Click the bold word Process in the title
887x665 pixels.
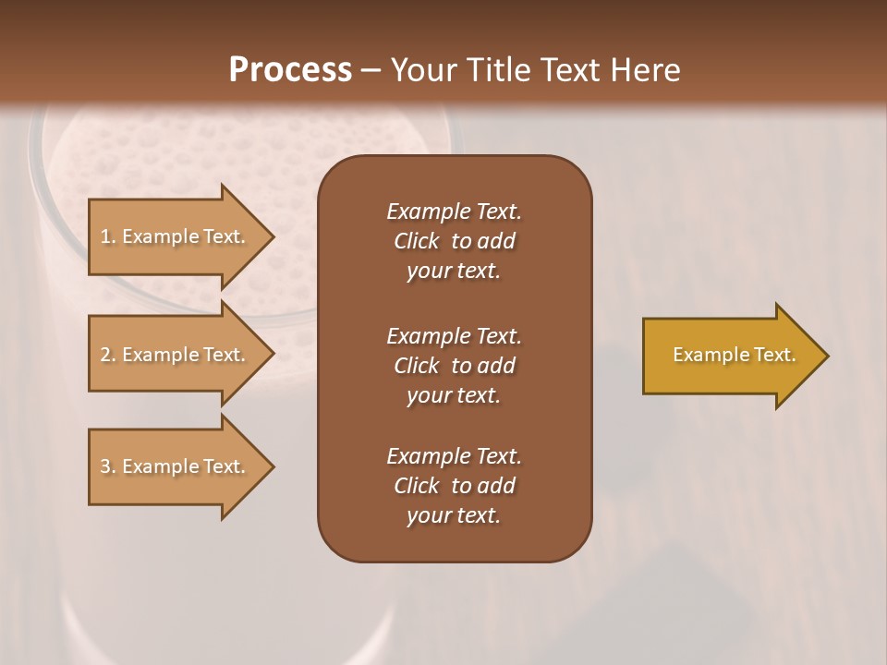(290, 70)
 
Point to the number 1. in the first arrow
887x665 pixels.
(108, 236)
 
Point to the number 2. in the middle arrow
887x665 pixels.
(108, 355)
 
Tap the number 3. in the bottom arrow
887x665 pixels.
(108, 466)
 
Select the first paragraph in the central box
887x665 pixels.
(454, 241)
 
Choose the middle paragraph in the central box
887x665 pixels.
(454, 366)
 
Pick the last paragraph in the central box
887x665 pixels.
(454, 486)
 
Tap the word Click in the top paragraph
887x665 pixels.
(417, 241)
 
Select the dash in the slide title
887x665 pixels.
(371, 70)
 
